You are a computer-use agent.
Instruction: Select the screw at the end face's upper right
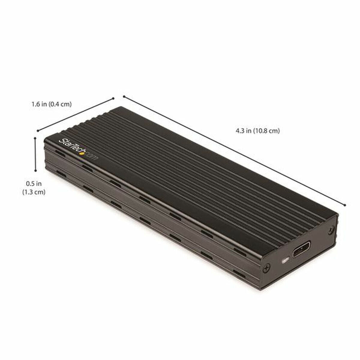point(331,229)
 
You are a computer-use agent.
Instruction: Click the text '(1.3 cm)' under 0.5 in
point(34,192)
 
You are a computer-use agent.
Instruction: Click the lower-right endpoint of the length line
point(345,205)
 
